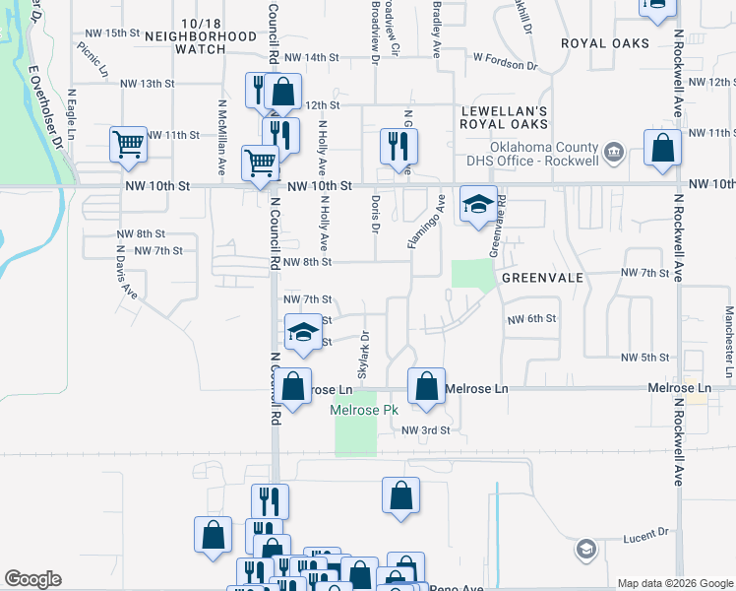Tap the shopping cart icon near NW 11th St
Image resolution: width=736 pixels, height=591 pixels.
tap(129, 145)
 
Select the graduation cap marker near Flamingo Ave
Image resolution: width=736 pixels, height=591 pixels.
tap(478, 205)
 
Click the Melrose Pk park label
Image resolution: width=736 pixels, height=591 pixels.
tap(364, 410)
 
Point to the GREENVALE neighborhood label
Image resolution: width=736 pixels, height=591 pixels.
tap(542, 278)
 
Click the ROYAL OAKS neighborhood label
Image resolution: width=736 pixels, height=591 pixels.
tap(605, 43)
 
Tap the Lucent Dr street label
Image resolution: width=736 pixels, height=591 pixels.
tap(645, 533)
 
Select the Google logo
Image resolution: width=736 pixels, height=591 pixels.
tap(32, 579)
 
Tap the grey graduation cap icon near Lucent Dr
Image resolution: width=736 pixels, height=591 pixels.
tap(585, 549)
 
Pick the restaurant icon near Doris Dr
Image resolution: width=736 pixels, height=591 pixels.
tap(399, 147)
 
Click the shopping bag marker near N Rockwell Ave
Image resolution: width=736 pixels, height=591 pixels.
tap(662, 148)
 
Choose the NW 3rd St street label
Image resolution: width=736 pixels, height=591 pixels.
tap(425, 430)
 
